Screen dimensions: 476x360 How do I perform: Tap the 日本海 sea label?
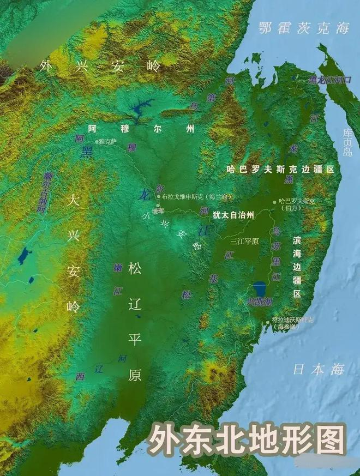click(x=319, y=369)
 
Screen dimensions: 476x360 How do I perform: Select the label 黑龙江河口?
click(x=330, y=80)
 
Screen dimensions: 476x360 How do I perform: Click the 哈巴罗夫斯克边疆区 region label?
click(x=280, y=170)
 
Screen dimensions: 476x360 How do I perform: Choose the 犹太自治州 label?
click(x=233, y=215)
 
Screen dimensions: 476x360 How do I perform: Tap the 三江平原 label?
click(x=244, y=240)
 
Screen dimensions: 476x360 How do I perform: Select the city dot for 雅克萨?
click(x=98, y=142)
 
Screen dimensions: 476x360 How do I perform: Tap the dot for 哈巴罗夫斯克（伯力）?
click(x=275, y=202)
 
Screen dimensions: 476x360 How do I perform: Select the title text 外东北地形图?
click(x=248, y=439)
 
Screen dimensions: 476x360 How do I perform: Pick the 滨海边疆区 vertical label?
click(x=297, y=267)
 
